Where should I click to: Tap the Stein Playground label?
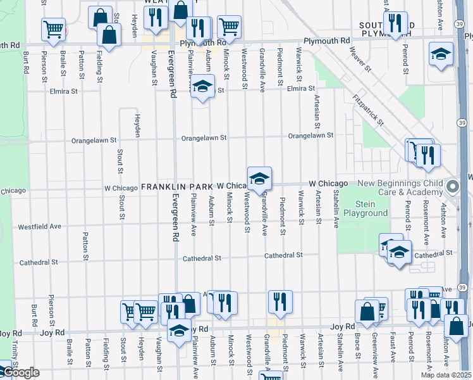pos(365,208)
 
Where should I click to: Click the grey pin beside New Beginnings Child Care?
pos(453,187)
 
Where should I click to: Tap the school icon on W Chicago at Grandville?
pos(259,179)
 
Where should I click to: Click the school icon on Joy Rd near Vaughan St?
pos(179,331)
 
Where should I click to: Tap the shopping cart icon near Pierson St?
pos(54,28)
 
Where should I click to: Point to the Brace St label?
pos(357,345)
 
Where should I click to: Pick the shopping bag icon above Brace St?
pos(367,310)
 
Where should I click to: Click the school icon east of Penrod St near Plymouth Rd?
pos(441,54)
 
